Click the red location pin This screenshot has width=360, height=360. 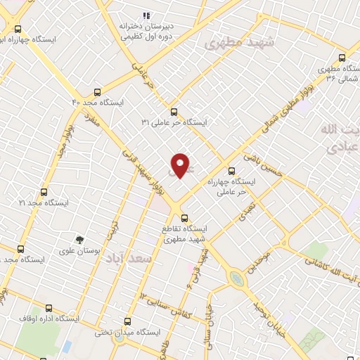point(181,165)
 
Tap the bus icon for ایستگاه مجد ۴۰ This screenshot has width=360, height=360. point(96,91)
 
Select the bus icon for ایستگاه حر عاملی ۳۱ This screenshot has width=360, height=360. point(174,111)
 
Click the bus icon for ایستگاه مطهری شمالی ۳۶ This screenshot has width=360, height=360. point(342,58)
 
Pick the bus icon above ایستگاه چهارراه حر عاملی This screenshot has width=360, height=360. point(231,170)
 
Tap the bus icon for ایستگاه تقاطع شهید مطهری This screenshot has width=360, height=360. point(184,218)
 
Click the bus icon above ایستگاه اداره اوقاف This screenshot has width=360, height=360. point(49,307)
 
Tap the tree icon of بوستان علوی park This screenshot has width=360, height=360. point(79,240)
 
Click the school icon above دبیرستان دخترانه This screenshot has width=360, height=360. point(146,15)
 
